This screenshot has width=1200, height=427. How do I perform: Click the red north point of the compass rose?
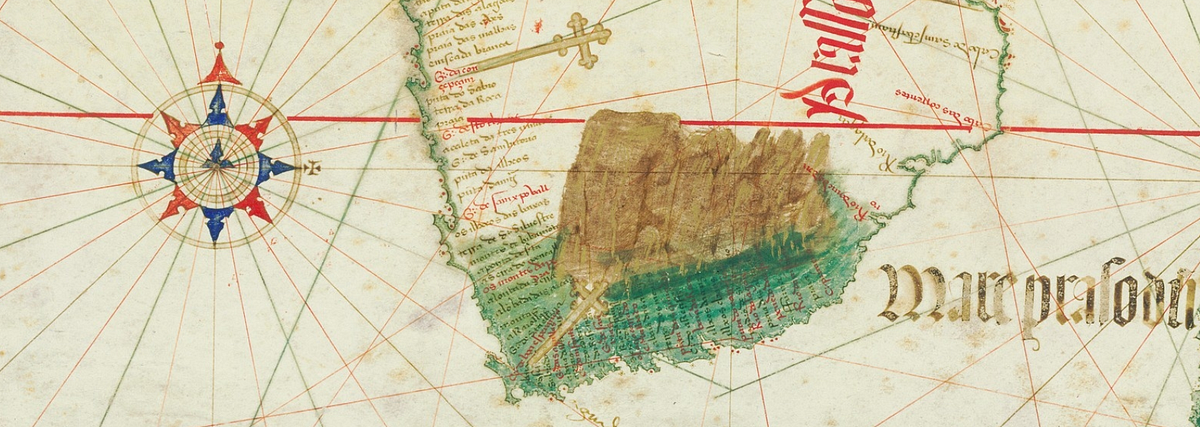click(x=219, y=67)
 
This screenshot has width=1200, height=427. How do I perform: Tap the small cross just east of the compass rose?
click(x=313, y=166)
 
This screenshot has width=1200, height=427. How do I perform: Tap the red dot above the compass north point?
click(x=219, y=46)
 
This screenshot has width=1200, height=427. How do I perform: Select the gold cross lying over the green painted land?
click(x=572, y=320)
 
